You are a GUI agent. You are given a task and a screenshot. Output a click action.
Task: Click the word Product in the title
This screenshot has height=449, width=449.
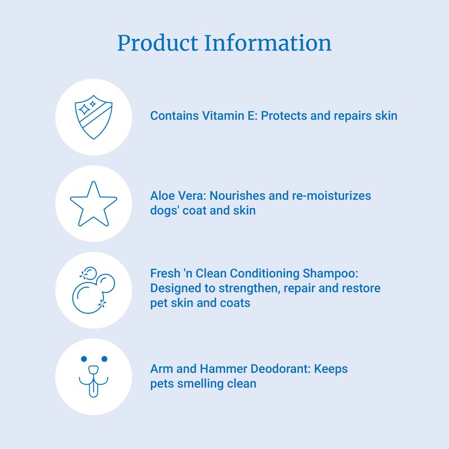point(158,43)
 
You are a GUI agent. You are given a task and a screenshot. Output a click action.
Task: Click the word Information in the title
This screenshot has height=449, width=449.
point(268,43)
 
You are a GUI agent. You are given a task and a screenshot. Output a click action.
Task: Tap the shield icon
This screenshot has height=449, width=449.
point(94,117)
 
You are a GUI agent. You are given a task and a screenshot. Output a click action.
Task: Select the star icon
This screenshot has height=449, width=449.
point(94,204)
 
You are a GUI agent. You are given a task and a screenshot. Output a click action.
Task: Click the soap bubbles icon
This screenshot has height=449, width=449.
point(94,290)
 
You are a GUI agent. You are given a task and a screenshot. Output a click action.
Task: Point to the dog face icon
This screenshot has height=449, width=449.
point(94,377)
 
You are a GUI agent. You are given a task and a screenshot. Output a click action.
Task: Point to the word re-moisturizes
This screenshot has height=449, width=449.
point(331,196)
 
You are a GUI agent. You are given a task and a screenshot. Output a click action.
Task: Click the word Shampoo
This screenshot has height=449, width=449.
point(331,274)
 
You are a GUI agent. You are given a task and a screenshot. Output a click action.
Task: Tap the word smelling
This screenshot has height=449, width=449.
point(200,384)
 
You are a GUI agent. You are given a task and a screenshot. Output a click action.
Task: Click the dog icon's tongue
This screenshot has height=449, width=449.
point(93,389)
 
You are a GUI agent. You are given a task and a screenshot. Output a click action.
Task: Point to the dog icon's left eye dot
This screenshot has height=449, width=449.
point(84,359)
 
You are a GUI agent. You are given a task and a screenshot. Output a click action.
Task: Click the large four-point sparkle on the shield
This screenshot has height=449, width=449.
point(85,109)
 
